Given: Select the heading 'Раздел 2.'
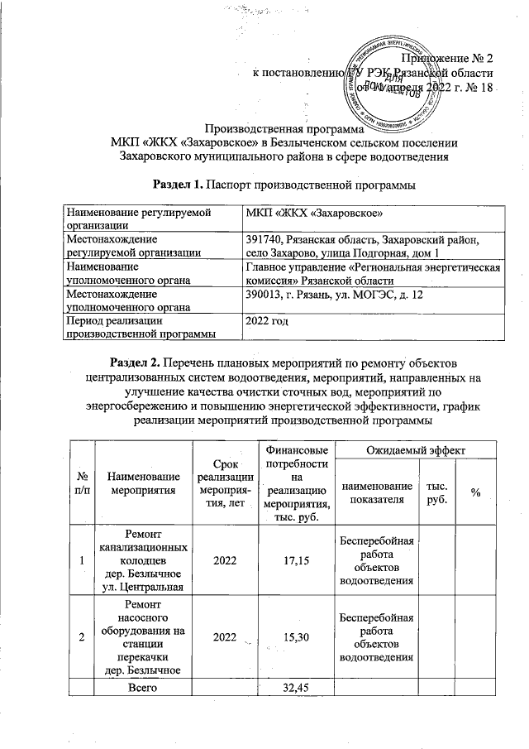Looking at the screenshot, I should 135,362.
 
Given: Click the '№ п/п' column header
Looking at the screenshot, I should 83,485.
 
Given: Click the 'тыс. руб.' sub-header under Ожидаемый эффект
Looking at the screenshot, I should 434,492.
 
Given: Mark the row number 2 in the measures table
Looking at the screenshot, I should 83,638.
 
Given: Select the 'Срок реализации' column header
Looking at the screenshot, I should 224,485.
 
